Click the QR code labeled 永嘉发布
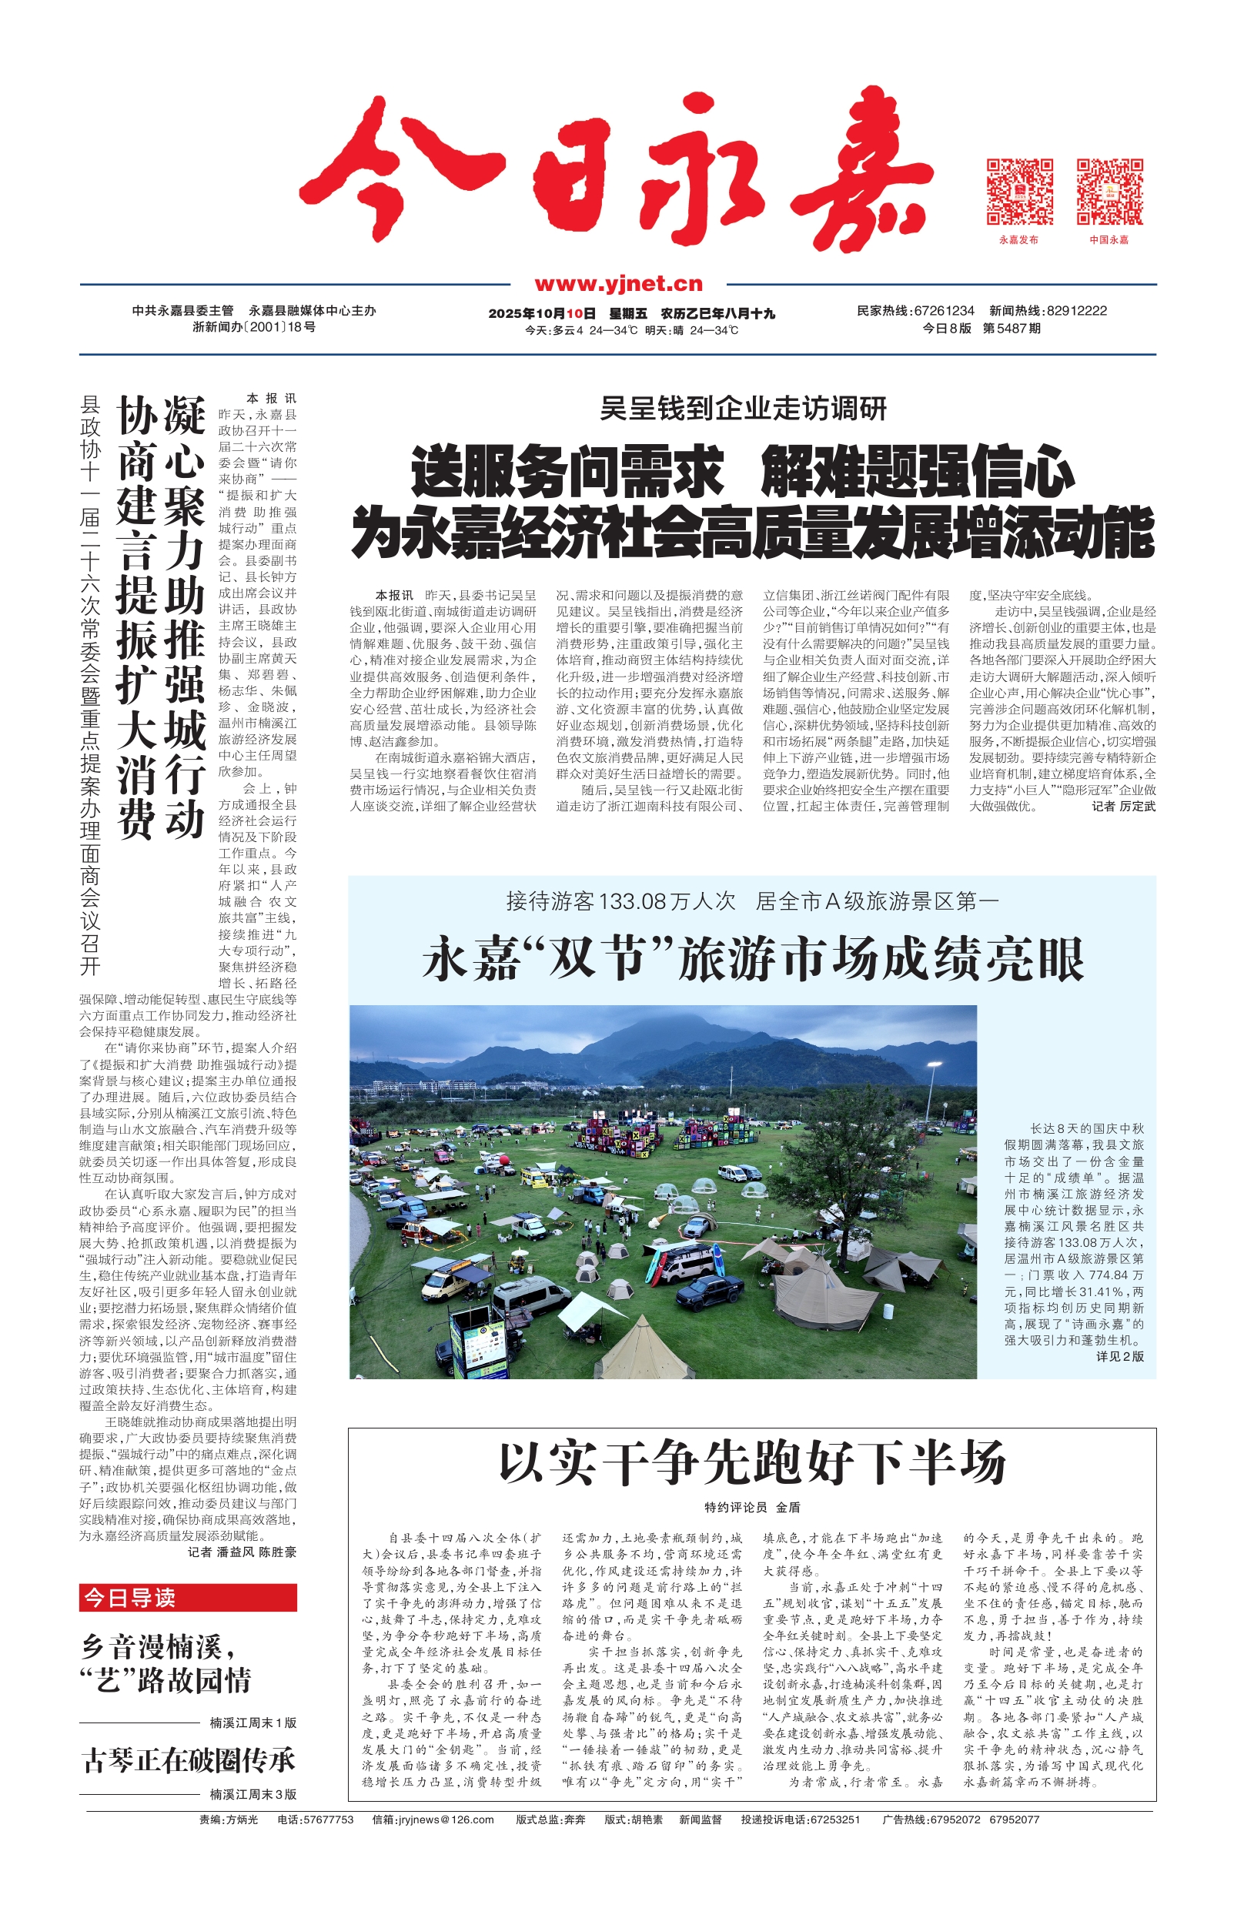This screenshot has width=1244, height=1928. tap(1019, 192)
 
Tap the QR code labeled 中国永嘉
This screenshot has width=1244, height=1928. tap(1109, 192)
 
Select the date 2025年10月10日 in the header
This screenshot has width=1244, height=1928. tap(541, 313)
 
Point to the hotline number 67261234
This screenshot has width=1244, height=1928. tap(944, 311)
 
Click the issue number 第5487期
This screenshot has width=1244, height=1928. tap(1012, 329)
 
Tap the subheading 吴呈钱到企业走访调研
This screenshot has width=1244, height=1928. tap(743, 409)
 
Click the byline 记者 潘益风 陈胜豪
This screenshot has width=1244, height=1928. tap(242, 1552)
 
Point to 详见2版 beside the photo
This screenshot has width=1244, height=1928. tap(1119, 1356)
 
